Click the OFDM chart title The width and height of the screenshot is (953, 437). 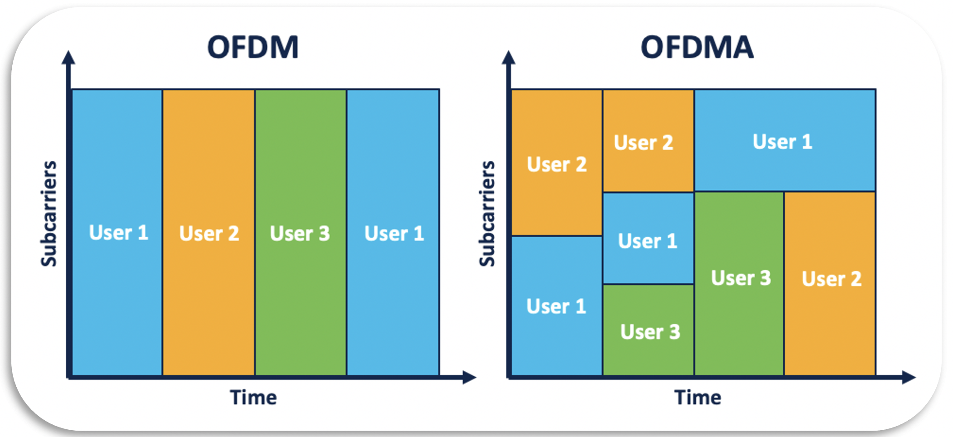point(253,47)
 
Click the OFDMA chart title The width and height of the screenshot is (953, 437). point(697,47)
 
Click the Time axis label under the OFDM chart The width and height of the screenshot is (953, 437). point(253,398)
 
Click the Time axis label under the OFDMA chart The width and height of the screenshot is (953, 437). point(698,398)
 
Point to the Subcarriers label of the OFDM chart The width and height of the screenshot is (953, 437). point(49,214)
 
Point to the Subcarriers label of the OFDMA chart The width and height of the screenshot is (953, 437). point(487,214)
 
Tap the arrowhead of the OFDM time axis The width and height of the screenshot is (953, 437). point(470,377)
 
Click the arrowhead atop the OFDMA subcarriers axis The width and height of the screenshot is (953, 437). point(509,58)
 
